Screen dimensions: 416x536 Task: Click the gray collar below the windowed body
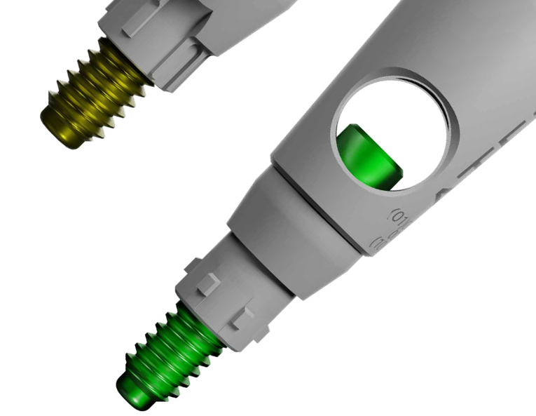pos(294,224)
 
